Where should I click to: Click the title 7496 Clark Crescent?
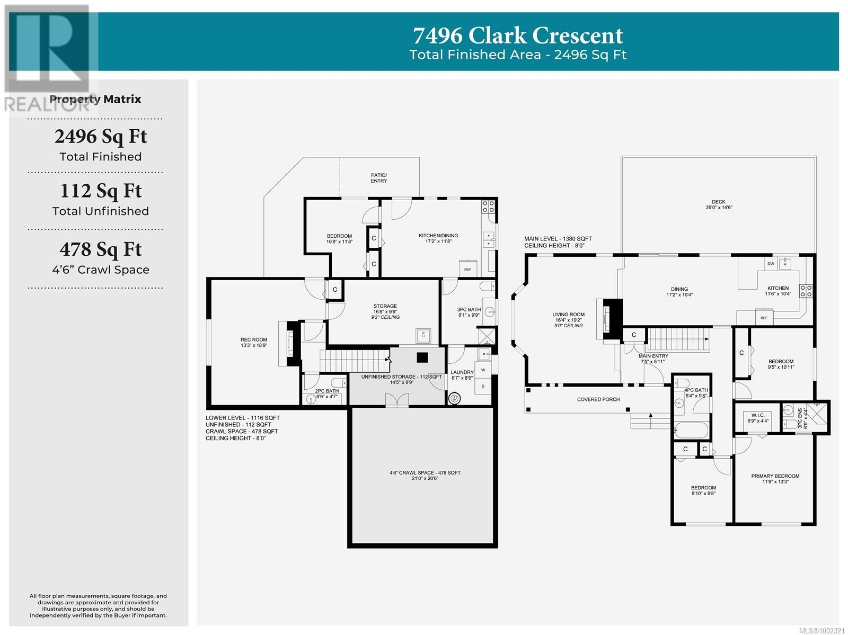[518, 36]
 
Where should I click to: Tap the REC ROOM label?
[254, 339]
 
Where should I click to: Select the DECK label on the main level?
[719, 202]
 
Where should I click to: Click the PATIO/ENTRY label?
[378, 178]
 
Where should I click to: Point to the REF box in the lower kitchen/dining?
[467, 269]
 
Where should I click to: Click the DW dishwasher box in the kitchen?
[771, 264]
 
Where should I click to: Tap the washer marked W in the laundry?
[483, 370]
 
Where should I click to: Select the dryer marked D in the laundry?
[483, 387]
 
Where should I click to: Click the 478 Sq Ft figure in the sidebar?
[101, 250]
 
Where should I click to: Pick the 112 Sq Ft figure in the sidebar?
[101, 191]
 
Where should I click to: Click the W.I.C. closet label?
[758, 415]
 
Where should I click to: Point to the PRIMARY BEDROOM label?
[775, 476]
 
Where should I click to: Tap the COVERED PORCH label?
[598, 399]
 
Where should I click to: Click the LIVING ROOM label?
[568, 315]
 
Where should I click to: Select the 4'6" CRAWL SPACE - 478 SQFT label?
[425, 472]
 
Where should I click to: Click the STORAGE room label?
[385, 306]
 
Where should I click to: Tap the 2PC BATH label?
[327, 391]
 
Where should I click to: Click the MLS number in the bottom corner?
[821, 630]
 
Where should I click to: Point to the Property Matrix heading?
[95, 100]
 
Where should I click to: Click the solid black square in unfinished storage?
[422, 357]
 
